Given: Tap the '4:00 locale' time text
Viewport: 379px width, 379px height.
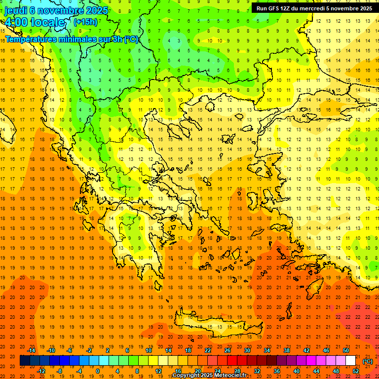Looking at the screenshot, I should [x=35, y=22].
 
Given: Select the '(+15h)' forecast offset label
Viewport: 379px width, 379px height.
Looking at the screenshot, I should [x=85, y=22].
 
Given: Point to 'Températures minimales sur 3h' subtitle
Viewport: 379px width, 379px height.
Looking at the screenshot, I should [x=72, y=39].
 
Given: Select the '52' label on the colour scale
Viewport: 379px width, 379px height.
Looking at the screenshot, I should [x=356, y=371].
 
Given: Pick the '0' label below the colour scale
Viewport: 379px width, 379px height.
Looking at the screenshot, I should [x=98, y=371].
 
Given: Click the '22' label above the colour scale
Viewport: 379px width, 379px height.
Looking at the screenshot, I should [x=208, y=350].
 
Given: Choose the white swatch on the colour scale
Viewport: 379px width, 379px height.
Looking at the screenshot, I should [x=350, y=361].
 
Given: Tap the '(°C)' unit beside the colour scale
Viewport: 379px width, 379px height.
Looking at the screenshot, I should [x=368, y=361].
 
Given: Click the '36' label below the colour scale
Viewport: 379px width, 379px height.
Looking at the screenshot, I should [x=276, y=371].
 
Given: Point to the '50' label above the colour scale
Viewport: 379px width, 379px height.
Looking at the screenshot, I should [x=346, y=350].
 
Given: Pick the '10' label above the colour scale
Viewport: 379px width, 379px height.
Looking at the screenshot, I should [x=148, y=350].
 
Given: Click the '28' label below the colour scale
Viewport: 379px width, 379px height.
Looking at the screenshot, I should [x=237, y=371].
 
